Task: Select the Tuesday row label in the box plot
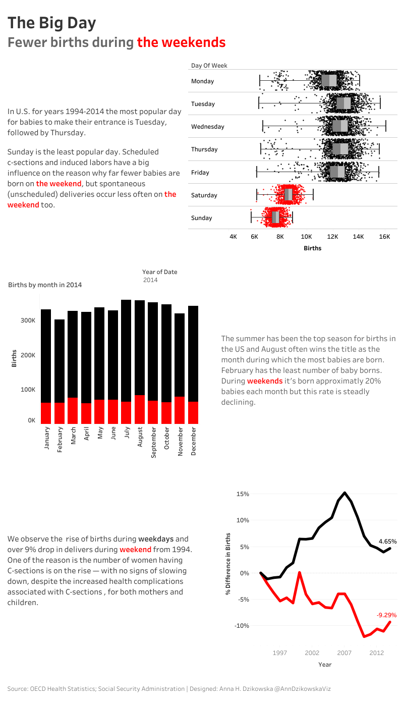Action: coord(203,104)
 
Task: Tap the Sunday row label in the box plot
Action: coord(201,218)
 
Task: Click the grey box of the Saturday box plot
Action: coord(288,195)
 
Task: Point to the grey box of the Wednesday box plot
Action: coord(340,126)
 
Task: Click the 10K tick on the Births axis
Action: coord(306,236)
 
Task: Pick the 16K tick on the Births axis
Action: coord(384,236)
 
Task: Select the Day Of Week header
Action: coord(209,66)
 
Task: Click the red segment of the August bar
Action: coord(140,409)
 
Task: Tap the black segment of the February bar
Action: coord(60,361)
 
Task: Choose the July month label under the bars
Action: coord(127,437)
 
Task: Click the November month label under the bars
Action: coord(180,442)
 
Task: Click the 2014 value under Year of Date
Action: coord(150,280)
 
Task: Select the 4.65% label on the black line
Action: coord(387,541)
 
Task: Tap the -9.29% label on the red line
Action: coord(386,615)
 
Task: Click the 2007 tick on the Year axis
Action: coord(344,653)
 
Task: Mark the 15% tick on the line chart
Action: coord(243,494)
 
